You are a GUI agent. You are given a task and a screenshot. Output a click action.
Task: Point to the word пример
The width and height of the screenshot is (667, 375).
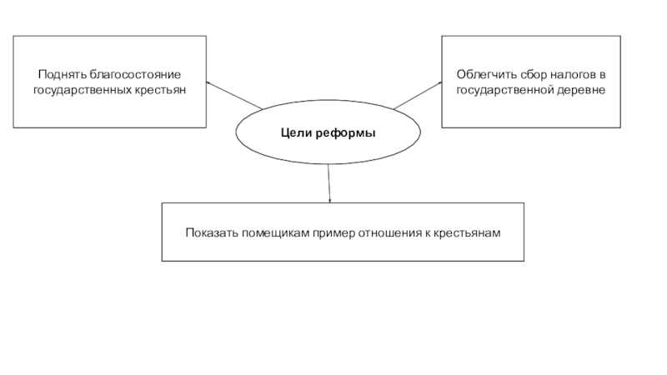pyautogui.click(x=333, y=232)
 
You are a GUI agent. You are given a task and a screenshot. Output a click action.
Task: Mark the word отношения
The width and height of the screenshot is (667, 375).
pyautogui.click(x=390, y=232)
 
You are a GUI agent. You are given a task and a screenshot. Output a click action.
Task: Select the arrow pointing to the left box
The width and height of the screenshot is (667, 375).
pyautogui.click(x=233, y=95)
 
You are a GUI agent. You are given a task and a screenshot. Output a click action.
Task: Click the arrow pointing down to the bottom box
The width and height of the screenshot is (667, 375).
pyautogui.click(x=329, y=182)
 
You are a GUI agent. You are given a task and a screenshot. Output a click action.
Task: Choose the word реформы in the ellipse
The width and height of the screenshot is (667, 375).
pyautogui.click(x=345, y=133)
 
